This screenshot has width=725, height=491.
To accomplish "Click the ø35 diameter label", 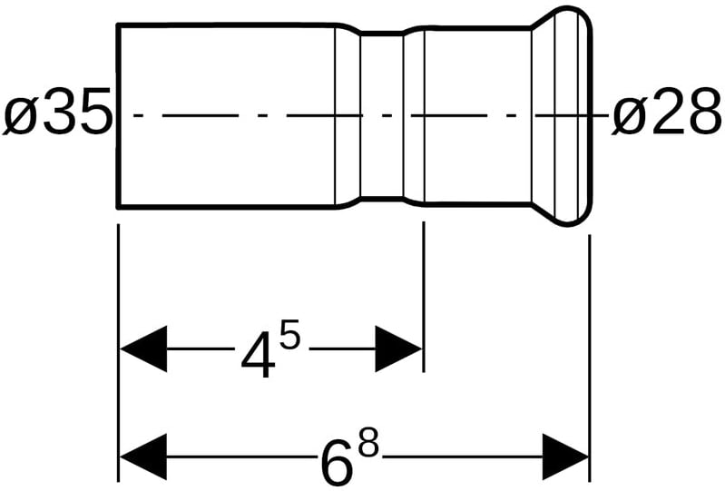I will pos(57,115).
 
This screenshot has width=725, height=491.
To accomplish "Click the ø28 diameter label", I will pos(667,115).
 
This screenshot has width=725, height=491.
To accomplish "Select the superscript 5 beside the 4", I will pos(289,339).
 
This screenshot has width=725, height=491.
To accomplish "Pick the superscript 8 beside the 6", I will pos(367,447).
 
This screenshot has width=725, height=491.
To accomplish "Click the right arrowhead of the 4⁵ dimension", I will pos(399,349).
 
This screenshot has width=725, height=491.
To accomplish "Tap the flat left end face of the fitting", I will pos(119,115).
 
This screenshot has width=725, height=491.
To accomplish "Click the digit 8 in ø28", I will pos(702,115).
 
